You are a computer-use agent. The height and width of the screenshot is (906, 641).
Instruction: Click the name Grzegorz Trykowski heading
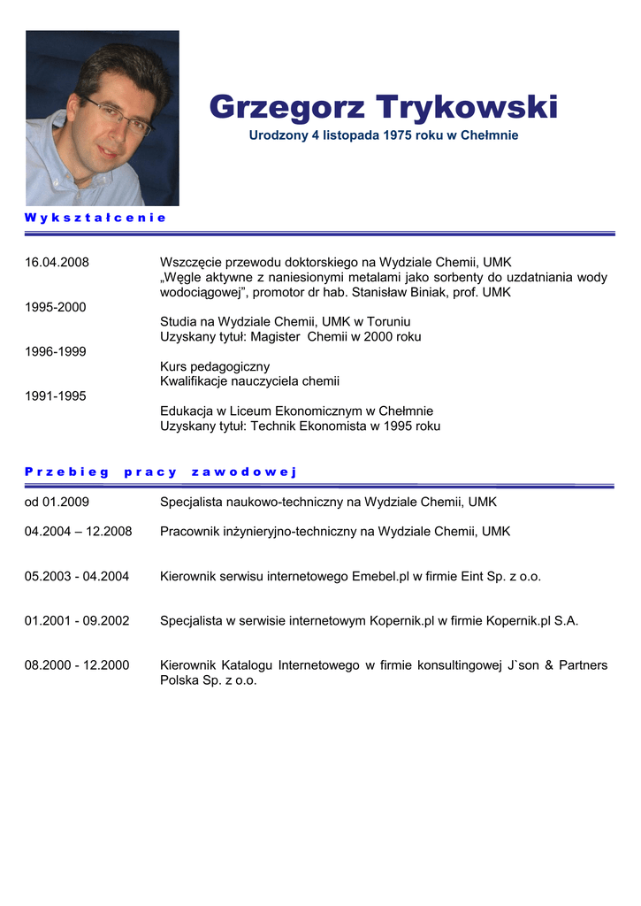tap(383, 108)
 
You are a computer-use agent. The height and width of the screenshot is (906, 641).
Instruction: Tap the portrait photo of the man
tap(102, 118)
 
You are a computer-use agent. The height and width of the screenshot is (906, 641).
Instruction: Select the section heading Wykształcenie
tap(95, 217)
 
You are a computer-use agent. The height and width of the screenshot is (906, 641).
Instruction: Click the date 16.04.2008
tap(57, 262)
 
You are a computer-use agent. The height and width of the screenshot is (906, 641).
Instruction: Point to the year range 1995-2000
tap(55, 307)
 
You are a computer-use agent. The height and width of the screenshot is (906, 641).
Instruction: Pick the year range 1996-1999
tap(55, 351)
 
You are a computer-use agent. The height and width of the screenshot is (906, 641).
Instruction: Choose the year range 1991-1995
tap(55, 396)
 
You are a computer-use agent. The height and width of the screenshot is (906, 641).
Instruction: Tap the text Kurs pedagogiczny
tap(215, 366)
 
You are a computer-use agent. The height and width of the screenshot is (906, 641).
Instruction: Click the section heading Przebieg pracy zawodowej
tap(160, 472)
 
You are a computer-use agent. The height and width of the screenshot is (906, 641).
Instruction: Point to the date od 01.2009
tap(57, 502)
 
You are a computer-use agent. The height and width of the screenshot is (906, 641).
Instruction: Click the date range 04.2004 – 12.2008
tap(78, 532)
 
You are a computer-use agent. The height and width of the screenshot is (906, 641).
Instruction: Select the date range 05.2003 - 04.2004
tap(77, 576)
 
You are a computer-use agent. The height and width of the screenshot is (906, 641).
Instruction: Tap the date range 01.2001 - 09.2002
tap(77, 621)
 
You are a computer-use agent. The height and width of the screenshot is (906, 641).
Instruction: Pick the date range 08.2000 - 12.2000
tap(77, 665)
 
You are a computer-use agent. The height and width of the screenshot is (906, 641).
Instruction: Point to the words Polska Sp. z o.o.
tap(209, 680)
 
